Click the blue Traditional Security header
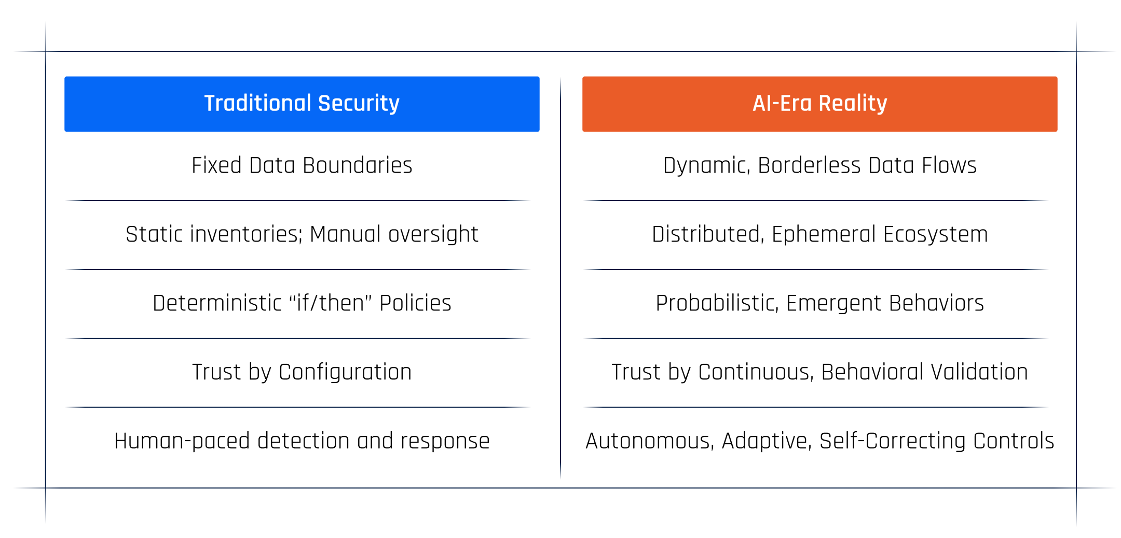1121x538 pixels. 302,104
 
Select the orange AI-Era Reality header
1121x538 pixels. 819,104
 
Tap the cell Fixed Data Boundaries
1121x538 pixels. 302,166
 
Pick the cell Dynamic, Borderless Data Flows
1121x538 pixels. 819,166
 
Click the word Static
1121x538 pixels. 154,234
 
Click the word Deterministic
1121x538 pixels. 217,303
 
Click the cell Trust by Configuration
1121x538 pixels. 302,372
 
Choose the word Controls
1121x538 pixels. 1013,441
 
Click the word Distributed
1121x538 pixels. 708,234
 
